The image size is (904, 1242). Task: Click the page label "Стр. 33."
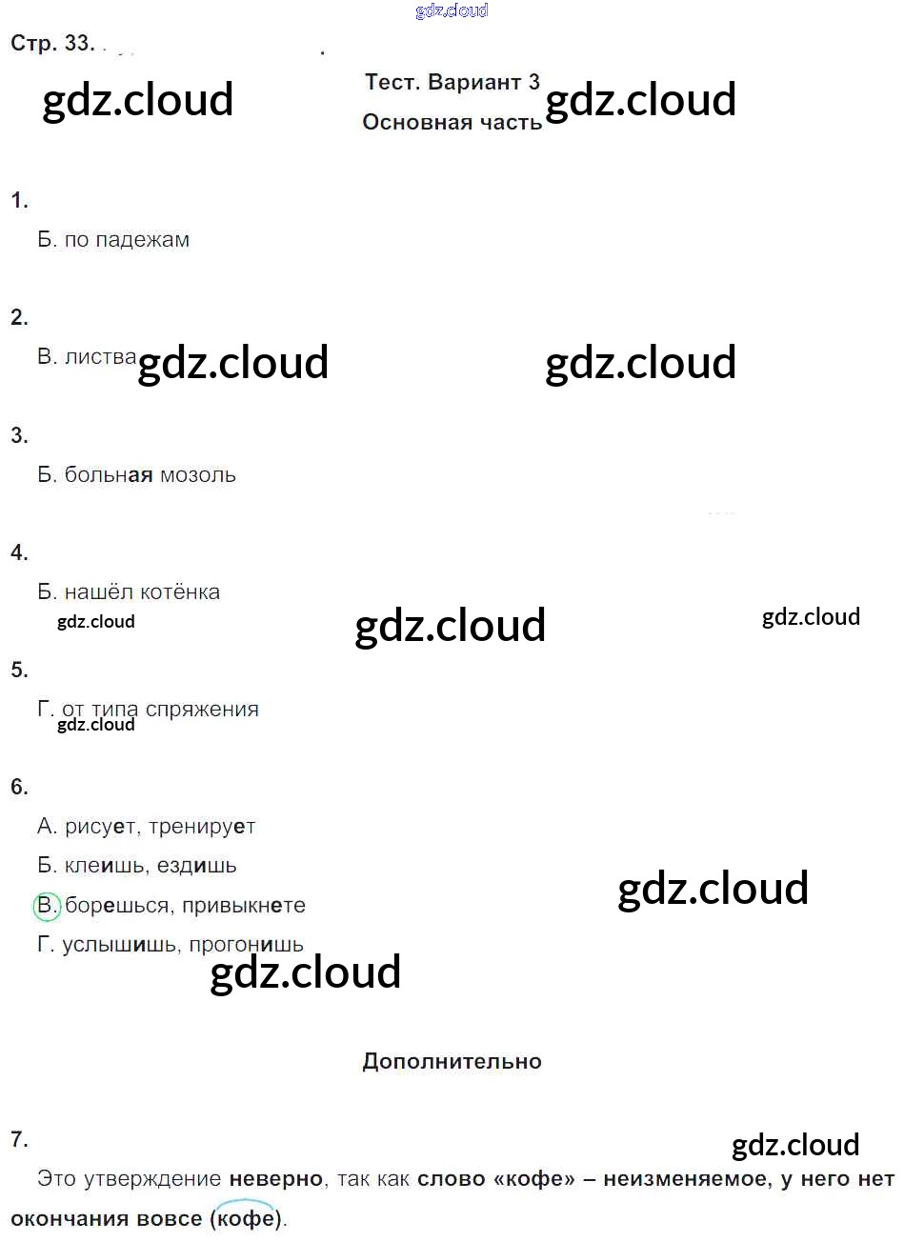[52, 43]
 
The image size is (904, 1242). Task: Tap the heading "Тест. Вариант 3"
[452, 82]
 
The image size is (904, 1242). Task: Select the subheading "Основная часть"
[452, 122]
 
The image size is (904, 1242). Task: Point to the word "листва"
[101, 357]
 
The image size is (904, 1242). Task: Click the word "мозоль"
[198, 475]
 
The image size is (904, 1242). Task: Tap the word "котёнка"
[180, 592]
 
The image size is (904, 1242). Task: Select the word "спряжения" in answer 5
[202, 710]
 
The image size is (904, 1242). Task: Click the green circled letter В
[47, 905]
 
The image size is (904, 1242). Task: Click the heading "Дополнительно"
[452, 1061]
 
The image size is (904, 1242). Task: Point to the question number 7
[19, 1139]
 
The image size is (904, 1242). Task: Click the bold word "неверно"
[276, 1179]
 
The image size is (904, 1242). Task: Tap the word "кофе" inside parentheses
[246, 1218]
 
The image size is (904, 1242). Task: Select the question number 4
[19, 552]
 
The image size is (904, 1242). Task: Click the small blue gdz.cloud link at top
[452, 10]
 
